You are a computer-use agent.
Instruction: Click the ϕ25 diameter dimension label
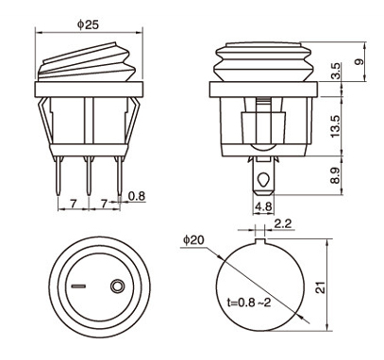(x=88, y=25)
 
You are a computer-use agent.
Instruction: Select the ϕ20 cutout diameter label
(x=193, y=240)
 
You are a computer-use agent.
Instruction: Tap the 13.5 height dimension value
(x=336, y=126)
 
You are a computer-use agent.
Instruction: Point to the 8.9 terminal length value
(x=336, y=175)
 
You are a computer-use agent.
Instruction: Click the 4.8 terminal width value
(x=263, y=206)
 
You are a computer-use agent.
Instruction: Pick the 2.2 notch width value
(x=283, y=223)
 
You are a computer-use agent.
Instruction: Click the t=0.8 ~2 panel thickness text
(x=249, y=303)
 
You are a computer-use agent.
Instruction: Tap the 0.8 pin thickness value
(x=137, y=196)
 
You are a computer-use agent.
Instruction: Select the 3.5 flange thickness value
(x=336, y=71)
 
